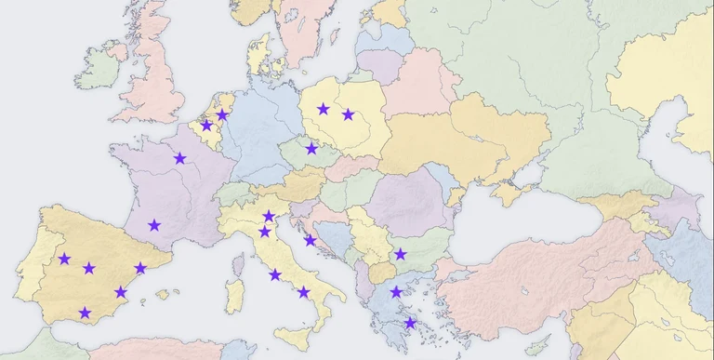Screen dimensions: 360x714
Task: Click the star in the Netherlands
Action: (222, 115)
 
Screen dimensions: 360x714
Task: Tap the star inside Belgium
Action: (207, 126)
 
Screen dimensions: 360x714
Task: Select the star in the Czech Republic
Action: (311, 149)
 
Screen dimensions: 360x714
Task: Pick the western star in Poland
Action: (323, 109)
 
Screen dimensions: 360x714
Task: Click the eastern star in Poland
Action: (349, 115)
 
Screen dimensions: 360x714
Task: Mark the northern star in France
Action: (179, 159)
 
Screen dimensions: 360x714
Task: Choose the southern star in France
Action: (154, 225)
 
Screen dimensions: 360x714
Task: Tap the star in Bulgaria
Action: (400, 254)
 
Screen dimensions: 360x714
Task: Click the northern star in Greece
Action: (396, 292)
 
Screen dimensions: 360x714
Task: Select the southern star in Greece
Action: (410, 323)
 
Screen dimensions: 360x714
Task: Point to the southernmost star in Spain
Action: (86, 313)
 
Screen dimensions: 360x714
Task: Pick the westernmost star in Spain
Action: (64, 260)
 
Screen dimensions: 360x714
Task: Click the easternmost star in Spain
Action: (140, 269)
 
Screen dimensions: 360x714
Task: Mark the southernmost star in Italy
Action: (304, 293)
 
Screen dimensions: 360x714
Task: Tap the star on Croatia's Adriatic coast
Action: (310, 241)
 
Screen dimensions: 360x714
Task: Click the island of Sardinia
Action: (236, 295)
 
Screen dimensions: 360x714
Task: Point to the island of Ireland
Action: (99, 70)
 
